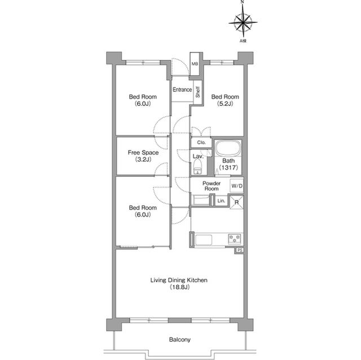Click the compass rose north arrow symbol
[x=243, y=22]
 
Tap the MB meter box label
[x=195, y=64]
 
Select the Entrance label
[x=182, y=90]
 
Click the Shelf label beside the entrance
[x=198, y=92]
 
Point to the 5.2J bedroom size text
[x=225, y=104]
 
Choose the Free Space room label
[x=143, y=153]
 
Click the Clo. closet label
[x=201, y=143]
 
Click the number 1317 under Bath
[x=228, y=167]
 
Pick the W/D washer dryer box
[x=237, y=185]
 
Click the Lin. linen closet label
[x=221, y=201]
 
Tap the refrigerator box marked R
[x=236, y=202]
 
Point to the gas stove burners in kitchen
[x=235, y=239]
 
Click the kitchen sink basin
[x=204, y=240]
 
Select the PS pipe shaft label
[x=240, y=250]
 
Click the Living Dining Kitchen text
[x=179, y=280]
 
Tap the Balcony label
[x=179, y=339]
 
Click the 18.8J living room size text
[x=179, y=287]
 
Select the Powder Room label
[x=212, y=186]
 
